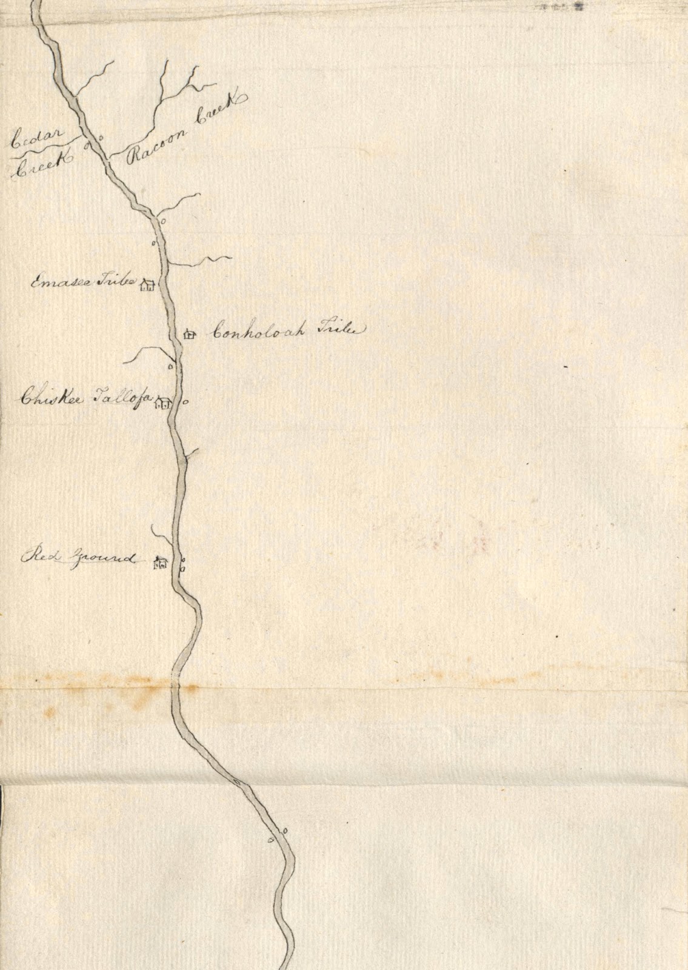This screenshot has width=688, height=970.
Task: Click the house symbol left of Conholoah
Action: (189, 334)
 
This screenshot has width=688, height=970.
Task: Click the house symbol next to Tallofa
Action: (163, 402)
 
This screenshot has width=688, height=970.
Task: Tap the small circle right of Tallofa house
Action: (185, 401)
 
